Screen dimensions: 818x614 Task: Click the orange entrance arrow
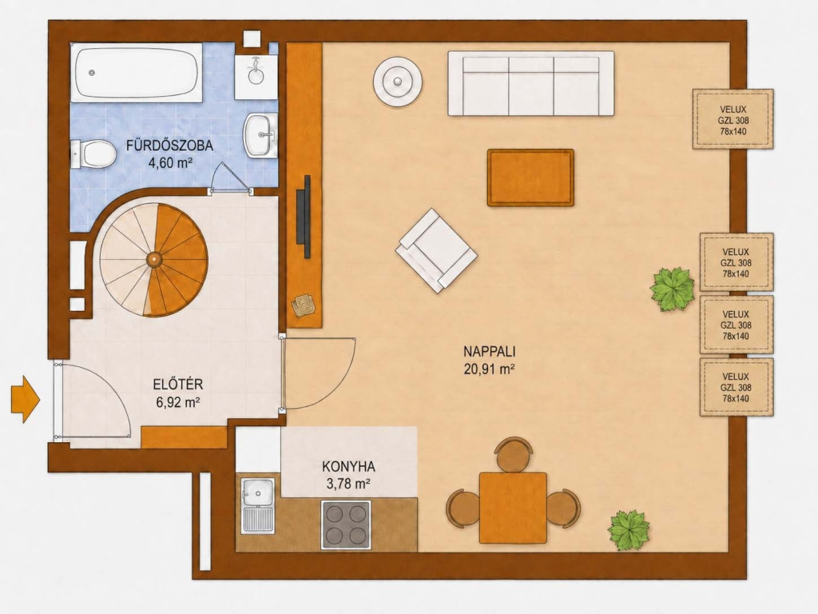click(25, 400)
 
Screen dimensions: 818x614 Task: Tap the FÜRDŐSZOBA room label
click(169, 146)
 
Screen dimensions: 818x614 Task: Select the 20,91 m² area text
click(490, 369)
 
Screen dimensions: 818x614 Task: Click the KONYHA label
click(348, 466)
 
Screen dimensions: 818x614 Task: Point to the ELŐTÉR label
click(178, 385)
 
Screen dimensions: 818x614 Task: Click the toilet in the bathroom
click(93, 154)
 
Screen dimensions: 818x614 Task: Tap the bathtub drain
click(93, 73)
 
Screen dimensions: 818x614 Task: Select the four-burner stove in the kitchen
click(346, 524)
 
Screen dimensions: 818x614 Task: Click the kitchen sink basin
click(258, 492)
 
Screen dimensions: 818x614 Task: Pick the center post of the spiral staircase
click(154, 258)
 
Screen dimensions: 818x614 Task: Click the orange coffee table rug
click(530, 177)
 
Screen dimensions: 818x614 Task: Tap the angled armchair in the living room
click(437, 250)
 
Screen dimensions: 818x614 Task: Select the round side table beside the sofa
click(398, 82)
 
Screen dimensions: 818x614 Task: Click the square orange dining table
click(514, 508)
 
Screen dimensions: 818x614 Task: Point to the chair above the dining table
click(514, 454)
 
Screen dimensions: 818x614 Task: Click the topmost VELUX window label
click(733, 120)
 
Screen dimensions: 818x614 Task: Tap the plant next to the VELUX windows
click(672, 289)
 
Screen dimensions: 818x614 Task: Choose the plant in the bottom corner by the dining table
click(629, 531)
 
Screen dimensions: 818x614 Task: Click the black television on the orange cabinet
click(304, 217)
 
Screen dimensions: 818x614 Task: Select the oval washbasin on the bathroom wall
click(260, 135)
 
